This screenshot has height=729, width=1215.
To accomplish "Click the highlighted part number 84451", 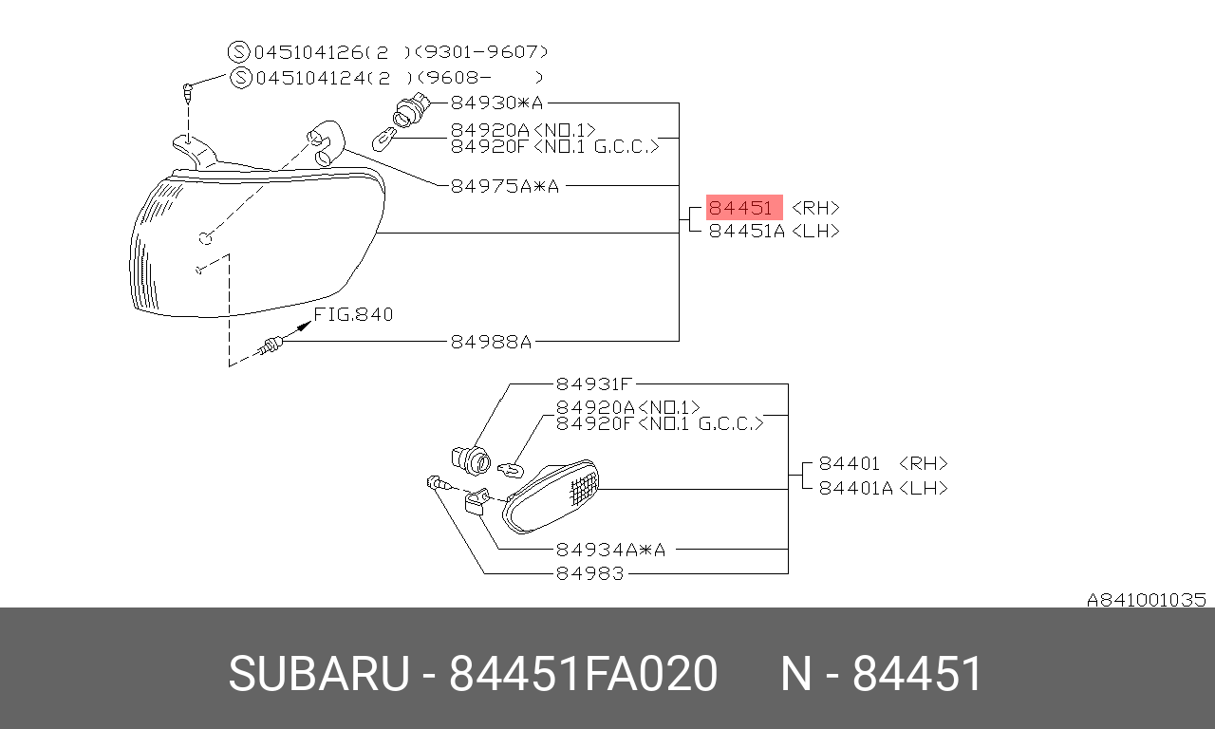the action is pyautogui.click(x=740, y=208).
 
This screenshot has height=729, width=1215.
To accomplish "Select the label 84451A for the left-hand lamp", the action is pyautogui.click(x=747, y=231).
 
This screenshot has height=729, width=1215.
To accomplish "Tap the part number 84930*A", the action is pyautogui.click(x=496, y=103).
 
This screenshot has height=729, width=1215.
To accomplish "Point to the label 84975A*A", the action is pyautogui.click(x=505, y=186).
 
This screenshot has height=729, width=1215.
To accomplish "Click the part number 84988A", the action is pyautogui.click(x=492, y=342).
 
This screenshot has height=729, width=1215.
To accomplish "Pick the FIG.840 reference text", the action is pyautogui.click(x=353, y=314).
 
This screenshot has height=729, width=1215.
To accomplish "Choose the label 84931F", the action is pyautogui.click(x=594, y=384).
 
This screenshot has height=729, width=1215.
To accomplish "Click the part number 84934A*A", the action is pyautogui.click(x=610, y=550).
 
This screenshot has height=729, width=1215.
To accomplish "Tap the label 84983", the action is pyautogui.click(x=590, y=573).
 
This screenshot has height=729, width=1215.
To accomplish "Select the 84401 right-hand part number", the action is pyautogui.click(x=850, y=464).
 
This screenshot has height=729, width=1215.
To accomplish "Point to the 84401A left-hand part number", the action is pyautogui.click(x=856, y=488).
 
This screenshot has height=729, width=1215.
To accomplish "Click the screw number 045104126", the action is pyautogui.click(x=308, y=52).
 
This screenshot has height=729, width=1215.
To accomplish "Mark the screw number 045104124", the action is pyautogui.click(x=310, y=78).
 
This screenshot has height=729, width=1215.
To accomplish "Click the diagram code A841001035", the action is pyautogui.click(x=1146, y=600).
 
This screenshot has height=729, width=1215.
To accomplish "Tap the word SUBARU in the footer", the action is pyautogui.click(x=319, y=673).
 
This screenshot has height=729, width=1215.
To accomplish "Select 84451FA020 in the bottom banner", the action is pyautogui.click(x=583, y=673).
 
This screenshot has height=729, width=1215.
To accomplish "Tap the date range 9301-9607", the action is pyautogui.click(x=485, y=52).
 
